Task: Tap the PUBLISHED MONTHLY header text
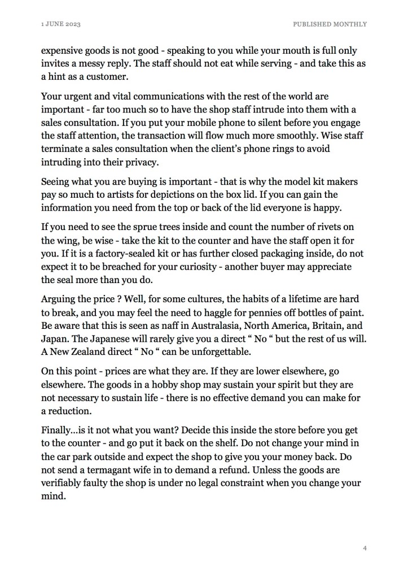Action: click(x=330, y=24)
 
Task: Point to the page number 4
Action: click(x=365, y=547)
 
